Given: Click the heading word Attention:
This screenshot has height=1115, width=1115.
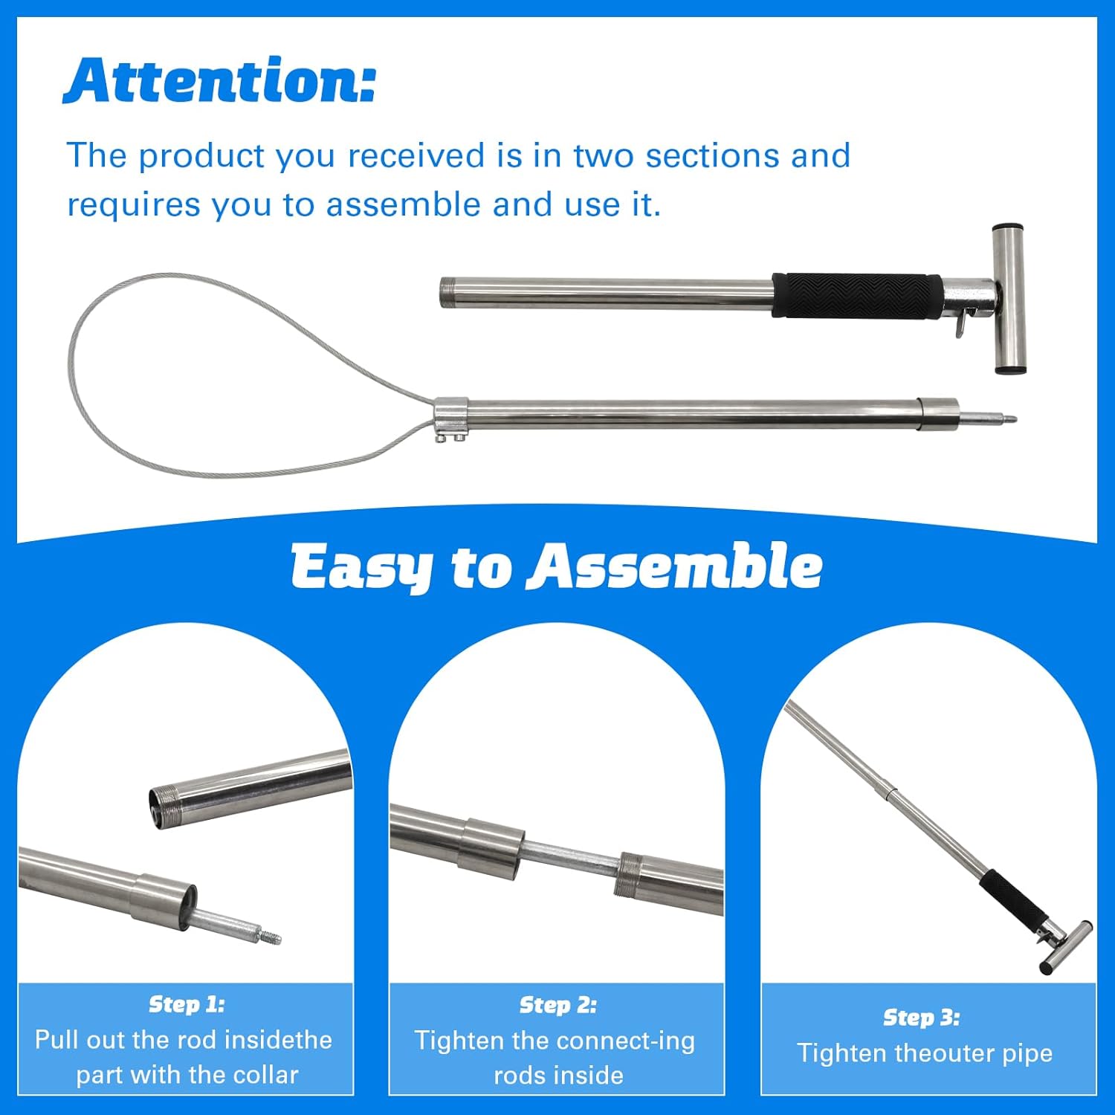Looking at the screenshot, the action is (219, 80).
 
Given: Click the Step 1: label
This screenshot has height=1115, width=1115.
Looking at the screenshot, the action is (187, 1004).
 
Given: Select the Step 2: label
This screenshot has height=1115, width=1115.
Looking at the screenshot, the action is (557, 1005).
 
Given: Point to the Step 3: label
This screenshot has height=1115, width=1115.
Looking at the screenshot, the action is (921, 1017).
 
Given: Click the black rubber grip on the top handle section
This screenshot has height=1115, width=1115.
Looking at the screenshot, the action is (858, 296).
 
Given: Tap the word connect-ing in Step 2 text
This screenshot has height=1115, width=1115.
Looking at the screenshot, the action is (623, 1041).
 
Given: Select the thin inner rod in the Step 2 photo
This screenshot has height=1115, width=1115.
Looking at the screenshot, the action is (570, 860).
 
